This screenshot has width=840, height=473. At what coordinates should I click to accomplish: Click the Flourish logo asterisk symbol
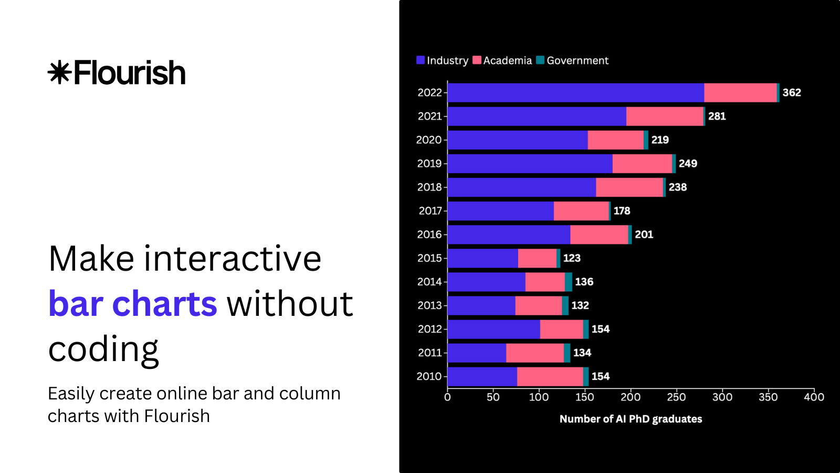(x=59, y=73)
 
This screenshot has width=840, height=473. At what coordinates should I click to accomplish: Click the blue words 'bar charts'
(x=132, y=304)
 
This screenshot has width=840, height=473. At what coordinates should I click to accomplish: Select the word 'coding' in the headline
(x=103, y=349)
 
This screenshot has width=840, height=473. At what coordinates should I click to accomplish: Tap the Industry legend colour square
(x=421, y=60)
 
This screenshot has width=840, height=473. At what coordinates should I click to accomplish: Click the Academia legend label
(x=507, y=60)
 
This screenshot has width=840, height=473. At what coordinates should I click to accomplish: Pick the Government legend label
(x=577, y=60)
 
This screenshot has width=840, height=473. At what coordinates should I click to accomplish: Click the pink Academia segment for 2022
(x=740, y=92)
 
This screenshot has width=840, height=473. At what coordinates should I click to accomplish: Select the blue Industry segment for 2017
(x=500, y=211)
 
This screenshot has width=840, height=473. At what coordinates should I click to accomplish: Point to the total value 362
(x=791, y=92)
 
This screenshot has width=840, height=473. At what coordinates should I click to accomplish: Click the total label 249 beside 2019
(x=688, y=163)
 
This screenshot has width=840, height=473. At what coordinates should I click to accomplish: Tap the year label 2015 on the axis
(x=429, y=258)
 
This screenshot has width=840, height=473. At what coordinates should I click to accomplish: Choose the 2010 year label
(x=429, y=376)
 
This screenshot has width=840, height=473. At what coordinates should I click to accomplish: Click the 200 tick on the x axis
(x=630, y=397)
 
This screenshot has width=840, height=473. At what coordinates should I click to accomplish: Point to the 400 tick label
(x=814, y=397)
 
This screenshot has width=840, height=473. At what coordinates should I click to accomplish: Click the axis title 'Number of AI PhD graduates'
(x=631, y=419)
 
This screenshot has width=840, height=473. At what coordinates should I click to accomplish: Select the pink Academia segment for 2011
(x=534, y=353)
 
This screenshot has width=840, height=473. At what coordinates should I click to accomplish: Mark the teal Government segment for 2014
(x=568, y=282)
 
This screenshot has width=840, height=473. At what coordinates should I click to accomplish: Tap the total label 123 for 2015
(x=572, y=258)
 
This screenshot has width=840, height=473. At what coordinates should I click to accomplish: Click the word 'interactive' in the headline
(x=233, y=259)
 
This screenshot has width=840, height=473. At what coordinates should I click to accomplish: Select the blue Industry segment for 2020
(x=517, y=140)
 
